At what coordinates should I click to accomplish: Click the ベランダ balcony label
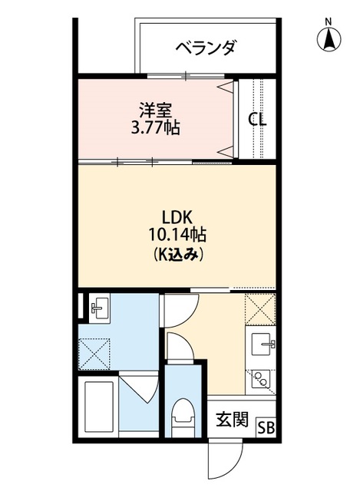click(204, 48)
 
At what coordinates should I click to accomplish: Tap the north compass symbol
click(329, 38)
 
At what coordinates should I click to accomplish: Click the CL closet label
click(257, 120)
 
